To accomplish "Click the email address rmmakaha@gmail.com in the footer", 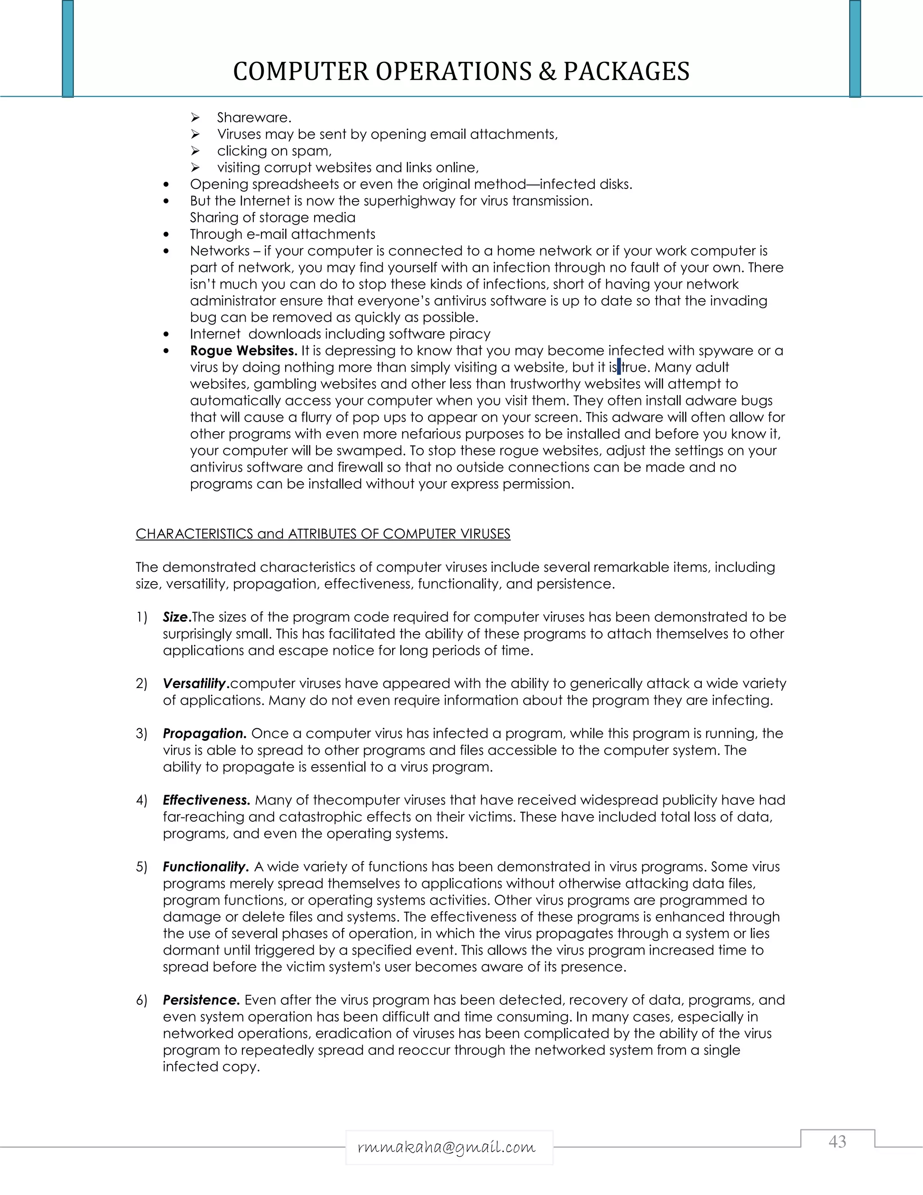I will click(447, 1147).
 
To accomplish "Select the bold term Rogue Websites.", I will click(243, 350).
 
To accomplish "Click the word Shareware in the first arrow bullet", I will click(253, 118).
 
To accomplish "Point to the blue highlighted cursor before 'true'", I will click(619, 367).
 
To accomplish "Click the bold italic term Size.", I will click(177, 617).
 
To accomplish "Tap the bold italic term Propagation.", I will click(205, 734).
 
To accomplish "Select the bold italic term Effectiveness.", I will click(206, 800).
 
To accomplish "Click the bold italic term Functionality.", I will click(206, 867).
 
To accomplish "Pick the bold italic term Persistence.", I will click(201, 1000).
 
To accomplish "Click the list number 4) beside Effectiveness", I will click(142, 800).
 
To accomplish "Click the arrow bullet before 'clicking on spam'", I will click(195, 151).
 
